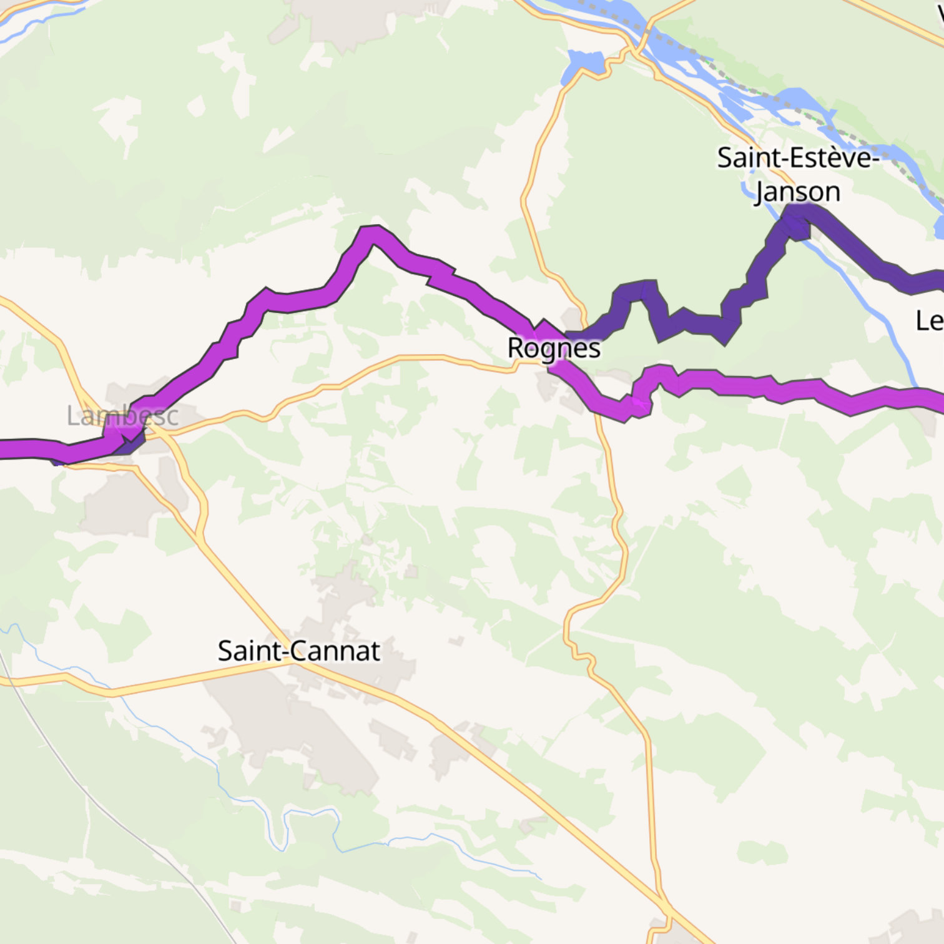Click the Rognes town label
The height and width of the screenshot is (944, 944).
[554, 348]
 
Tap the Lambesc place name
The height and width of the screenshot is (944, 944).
[122, 416]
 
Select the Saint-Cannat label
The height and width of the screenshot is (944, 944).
[298, 651]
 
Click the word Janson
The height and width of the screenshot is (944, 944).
[797, 192]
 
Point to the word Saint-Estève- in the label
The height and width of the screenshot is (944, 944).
[797, 157]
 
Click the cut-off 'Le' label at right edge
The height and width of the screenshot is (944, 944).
[929, 321]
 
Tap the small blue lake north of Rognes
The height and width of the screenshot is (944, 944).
[585, 64]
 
